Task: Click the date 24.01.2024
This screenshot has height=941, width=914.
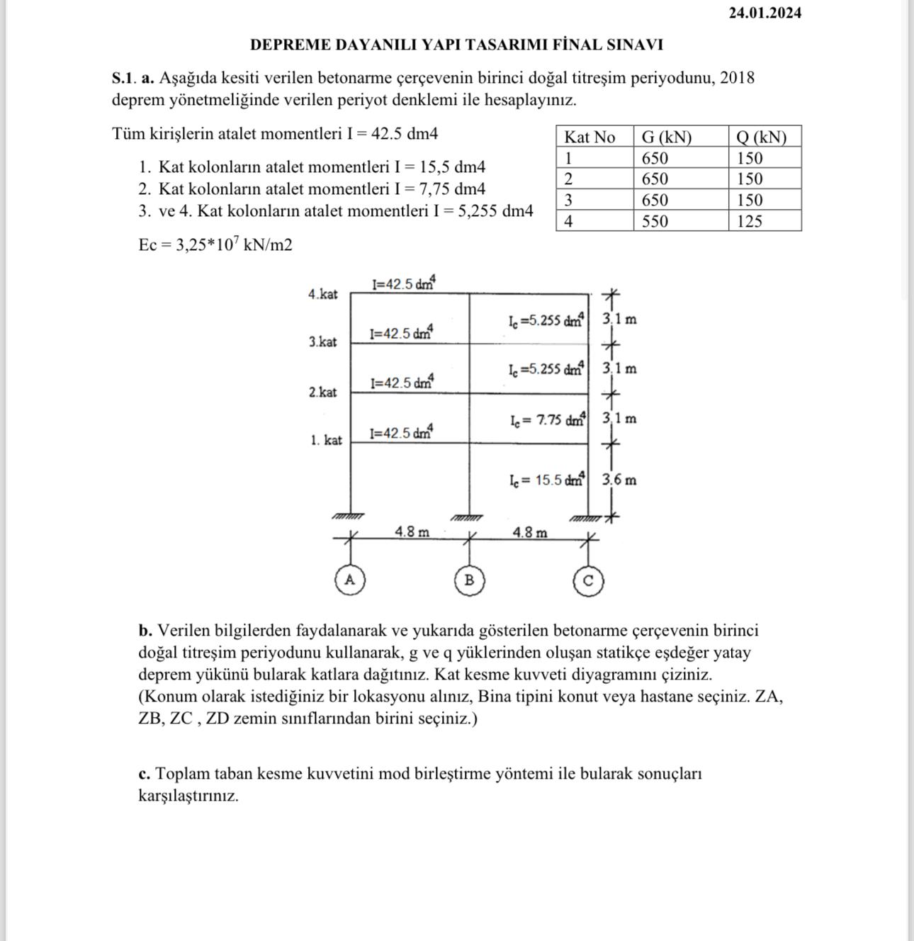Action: point(765,13)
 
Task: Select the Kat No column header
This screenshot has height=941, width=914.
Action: point(589,137)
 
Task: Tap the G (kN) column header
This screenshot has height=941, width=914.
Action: point(666,137)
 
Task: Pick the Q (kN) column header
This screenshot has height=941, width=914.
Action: point(761,137)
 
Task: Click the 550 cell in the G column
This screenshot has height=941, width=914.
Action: point(655,222)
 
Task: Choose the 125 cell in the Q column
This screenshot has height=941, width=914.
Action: point(749,222)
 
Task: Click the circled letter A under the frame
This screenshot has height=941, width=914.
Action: point(349,580)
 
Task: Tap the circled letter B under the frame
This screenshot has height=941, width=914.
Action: point(468,580)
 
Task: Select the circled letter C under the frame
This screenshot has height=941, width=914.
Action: point(587,581)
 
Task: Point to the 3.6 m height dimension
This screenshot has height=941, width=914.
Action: point(619,480)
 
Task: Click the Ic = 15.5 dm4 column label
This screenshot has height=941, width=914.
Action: point(546,480)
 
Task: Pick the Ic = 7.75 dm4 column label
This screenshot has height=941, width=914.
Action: point(547,419)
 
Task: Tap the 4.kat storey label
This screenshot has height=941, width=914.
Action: point(323,294)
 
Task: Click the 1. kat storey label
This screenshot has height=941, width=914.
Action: point(326,440)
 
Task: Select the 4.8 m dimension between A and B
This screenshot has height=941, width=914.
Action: point(412,531)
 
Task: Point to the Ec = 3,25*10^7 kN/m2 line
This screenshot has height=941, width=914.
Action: point(215,244)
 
